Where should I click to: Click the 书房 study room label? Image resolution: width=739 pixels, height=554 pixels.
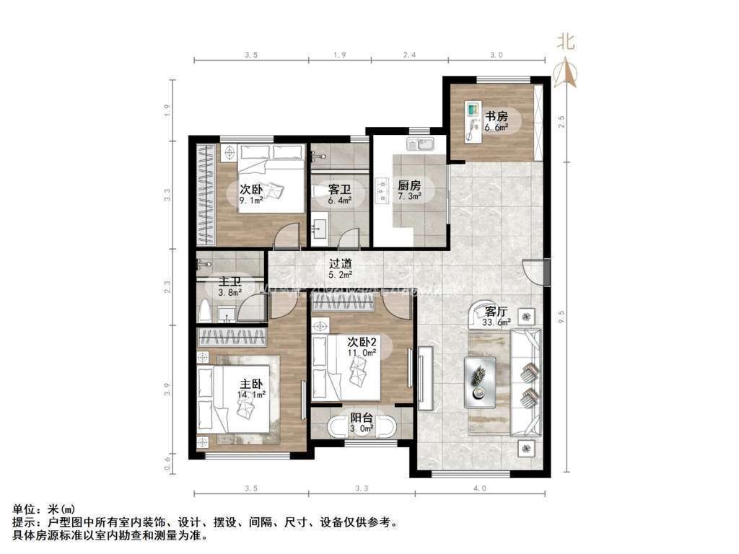(x=496, y=115)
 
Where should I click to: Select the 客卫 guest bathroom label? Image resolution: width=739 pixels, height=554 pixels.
(x=339, y=189)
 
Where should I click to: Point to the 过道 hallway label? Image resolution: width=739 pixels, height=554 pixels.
(x=340, y=265)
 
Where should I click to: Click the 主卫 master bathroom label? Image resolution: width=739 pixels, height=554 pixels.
(x=229, y=282)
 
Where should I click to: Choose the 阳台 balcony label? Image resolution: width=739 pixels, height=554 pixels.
(x=362, y=418)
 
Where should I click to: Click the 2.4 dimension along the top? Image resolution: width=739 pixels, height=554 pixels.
(x=409, y=54)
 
